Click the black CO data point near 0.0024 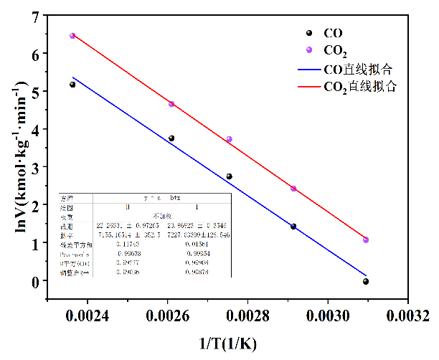point(72,85)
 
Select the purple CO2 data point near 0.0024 point(72,36)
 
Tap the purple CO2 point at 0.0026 point(171,104)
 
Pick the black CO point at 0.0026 point(171,138)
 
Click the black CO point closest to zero point(366,282)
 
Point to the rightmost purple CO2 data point point(366,240)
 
